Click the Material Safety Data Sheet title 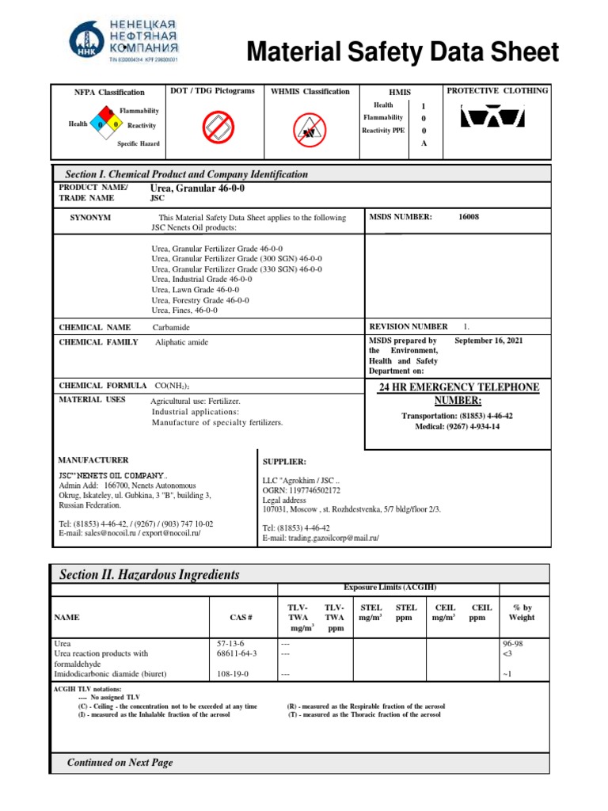403,53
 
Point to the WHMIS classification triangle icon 310,127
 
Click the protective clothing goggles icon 492,117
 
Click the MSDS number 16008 469,217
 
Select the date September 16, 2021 488,341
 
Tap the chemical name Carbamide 172,327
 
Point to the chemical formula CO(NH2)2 172,386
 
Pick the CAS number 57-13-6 230,644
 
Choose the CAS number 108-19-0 232,674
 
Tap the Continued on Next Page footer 120,763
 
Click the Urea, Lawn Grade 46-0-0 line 199,290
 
